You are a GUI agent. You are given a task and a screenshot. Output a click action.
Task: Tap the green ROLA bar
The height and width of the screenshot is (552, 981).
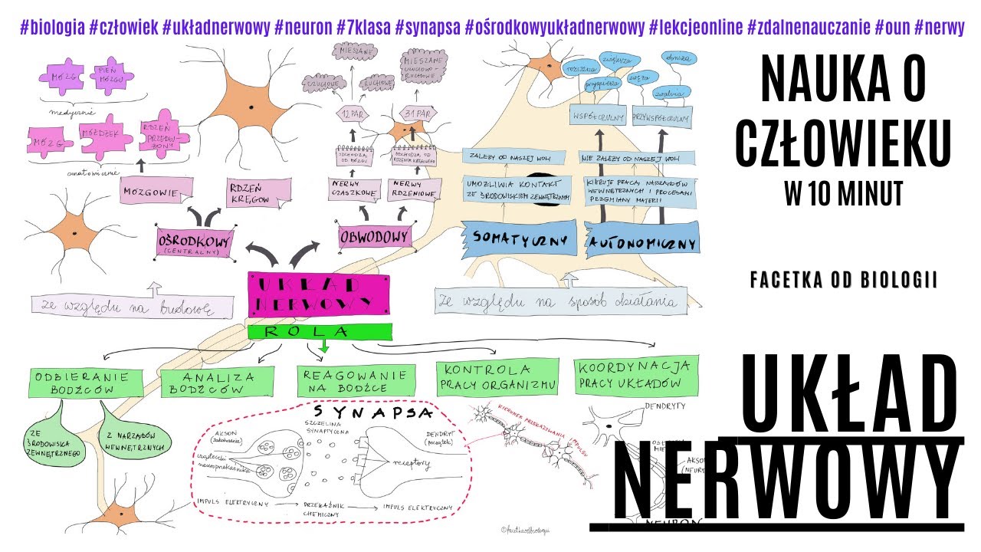click(320, 332)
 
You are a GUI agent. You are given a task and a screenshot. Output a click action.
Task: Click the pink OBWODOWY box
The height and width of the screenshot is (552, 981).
click(375, 237)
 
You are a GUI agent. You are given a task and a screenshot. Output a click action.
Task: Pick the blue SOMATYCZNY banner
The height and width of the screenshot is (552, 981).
click(520, 239)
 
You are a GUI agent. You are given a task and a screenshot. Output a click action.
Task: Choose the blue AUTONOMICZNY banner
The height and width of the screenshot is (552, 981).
click(641, 242)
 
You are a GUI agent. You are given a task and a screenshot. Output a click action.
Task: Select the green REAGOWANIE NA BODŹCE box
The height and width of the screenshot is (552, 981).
click(356, 380)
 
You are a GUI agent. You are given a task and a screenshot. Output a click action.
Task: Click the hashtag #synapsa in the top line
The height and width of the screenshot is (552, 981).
click(427, 28)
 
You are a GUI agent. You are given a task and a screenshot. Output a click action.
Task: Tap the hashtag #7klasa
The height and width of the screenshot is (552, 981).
click(363, 28)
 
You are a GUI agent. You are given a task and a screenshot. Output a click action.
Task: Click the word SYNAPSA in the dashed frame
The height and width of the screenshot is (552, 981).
click(373, 414)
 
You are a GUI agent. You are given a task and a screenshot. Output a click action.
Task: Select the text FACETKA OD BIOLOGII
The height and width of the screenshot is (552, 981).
click(843, 281)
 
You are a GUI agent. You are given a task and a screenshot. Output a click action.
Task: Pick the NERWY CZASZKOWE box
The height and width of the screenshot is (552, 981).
click(357, 189)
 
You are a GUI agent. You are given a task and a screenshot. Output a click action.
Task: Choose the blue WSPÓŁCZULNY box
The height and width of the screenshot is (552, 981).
click(595, 118)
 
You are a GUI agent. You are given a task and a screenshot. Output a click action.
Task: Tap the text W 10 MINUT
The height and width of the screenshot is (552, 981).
click(843, 193)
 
